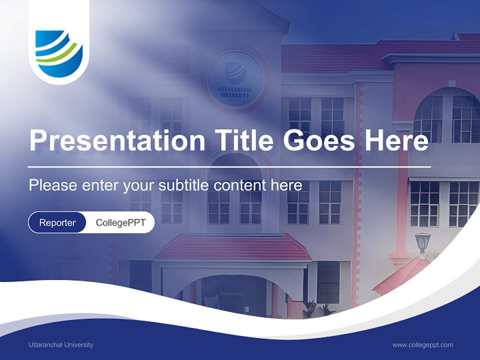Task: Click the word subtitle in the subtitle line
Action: click(x=184, y=185)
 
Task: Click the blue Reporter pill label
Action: click(x=57, y=222)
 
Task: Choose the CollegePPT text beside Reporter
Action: click(x=120, y=222)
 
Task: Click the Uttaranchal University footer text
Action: click(x=61, y=344)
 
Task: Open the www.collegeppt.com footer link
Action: click(x=422, y=344)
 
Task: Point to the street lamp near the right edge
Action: click(x=422, y=242)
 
